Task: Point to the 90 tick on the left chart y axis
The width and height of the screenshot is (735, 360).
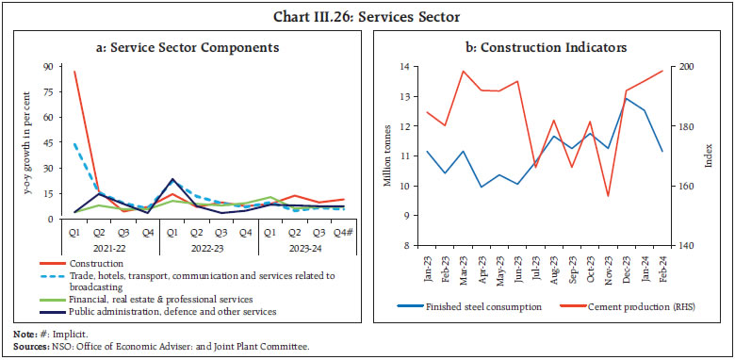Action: click(46, 67)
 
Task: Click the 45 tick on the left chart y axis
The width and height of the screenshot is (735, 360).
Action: click(46, 143)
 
